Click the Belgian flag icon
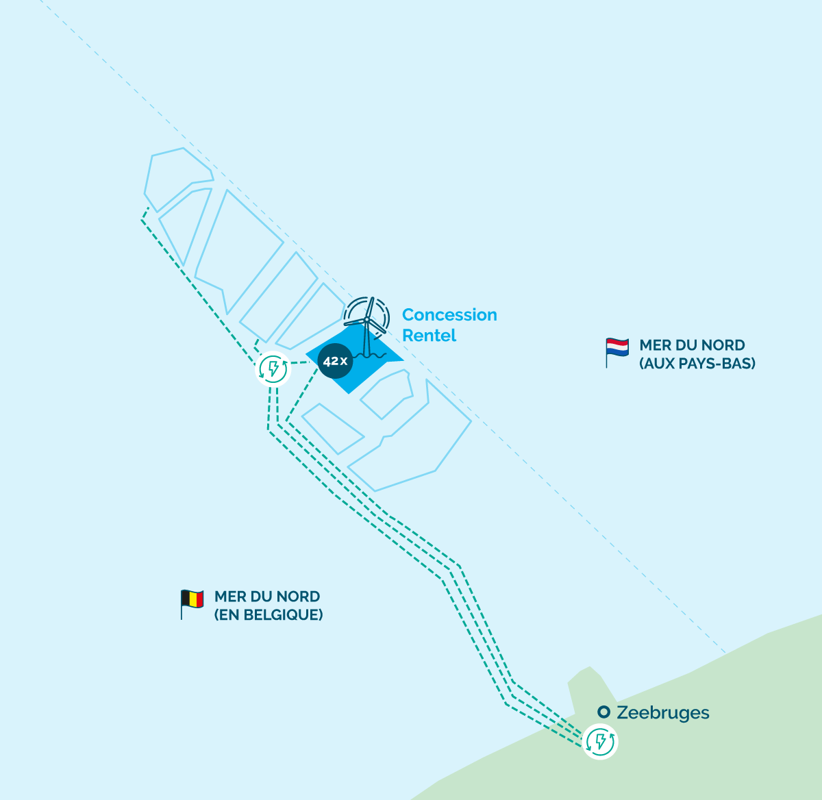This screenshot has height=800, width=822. pos(192,604)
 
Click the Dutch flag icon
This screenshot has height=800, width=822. pos(617,353)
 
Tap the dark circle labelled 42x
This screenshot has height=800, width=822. pos(335,361)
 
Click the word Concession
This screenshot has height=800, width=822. pos(449,315)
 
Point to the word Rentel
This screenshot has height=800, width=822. pos(429,336)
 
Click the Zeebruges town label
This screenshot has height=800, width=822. pos(663,712)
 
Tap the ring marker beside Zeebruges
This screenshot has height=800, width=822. pos(604,712)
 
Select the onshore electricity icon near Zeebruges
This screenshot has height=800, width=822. pos(600,742)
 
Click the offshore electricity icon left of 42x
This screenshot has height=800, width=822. pos(273,369)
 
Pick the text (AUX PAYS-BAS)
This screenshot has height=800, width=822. pos(697,363)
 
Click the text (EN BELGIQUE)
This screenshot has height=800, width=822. pos(269,615)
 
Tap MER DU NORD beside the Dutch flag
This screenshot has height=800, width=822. pos(692,345)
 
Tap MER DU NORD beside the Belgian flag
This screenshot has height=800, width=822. pos(267,597)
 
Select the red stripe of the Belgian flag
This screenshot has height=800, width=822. pos(200,599)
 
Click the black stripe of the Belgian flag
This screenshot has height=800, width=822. pos(185,599)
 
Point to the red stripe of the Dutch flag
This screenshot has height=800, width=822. pos(617,341)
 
